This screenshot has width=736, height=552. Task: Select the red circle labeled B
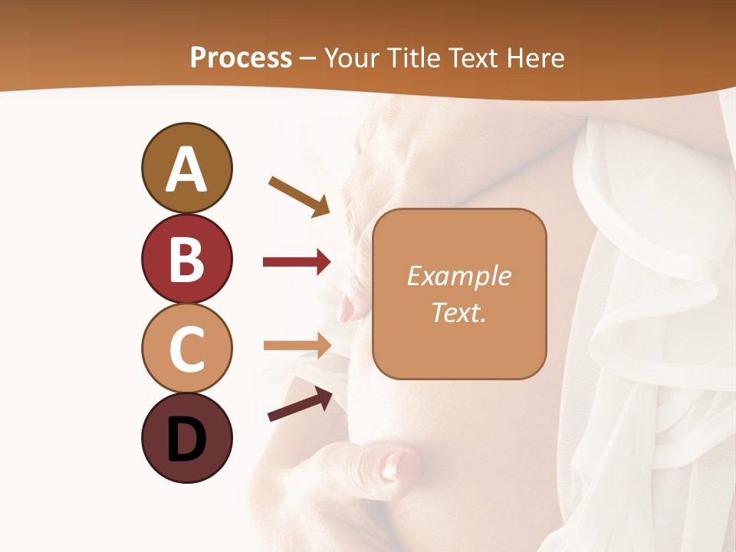[x=186, y=259]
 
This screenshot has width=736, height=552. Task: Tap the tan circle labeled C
[x=186, y=349]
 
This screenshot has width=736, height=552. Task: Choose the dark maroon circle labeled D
[x=186, y=439]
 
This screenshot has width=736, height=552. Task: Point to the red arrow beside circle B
[x=297, y=262]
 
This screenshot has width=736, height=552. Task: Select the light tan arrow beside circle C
[x=297, y=346]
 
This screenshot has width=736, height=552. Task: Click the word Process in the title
[x=241, y=58]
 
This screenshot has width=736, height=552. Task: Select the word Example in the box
[x=458, y=276]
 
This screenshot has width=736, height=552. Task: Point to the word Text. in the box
[x=458, y=312]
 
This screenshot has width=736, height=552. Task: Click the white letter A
[x=186, y=169]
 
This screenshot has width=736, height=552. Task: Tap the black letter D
[x=186, y=440]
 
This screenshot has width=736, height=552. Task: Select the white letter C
[x=186, y=350]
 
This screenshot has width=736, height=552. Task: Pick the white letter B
[x=186, y=259]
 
